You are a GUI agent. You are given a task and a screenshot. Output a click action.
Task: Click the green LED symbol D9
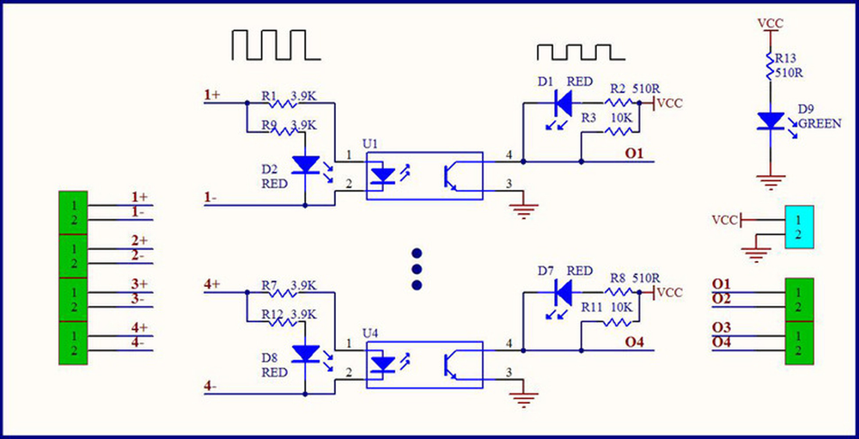click(769, 121)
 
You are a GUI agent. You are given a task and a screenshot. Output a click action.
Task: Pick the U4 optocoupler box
click(424, 364)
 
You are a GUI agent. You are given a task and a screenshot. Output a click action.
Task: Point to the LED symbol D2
click(306, 164)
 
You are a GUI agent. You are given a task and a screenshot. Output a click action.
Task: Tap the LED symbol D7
click(563, 293)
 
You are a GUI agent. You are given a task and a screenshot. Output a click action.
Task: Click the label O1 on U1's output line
click(634, 154)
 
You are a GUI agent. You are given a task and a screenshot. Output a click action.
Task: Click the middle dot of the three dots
click(417, 269)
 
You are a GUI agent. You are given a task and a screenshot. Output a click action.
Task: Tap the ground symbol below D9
click(770, 181)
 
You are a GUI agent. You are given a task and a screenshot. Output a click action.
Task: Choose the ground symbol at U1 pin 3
click(521, 210)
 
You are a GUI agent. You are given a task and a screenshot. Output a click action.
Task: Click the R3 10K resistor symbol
click(618, 131)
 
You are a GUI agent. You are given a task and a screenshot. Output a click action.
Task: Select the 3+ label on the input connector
click(139, 284)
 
